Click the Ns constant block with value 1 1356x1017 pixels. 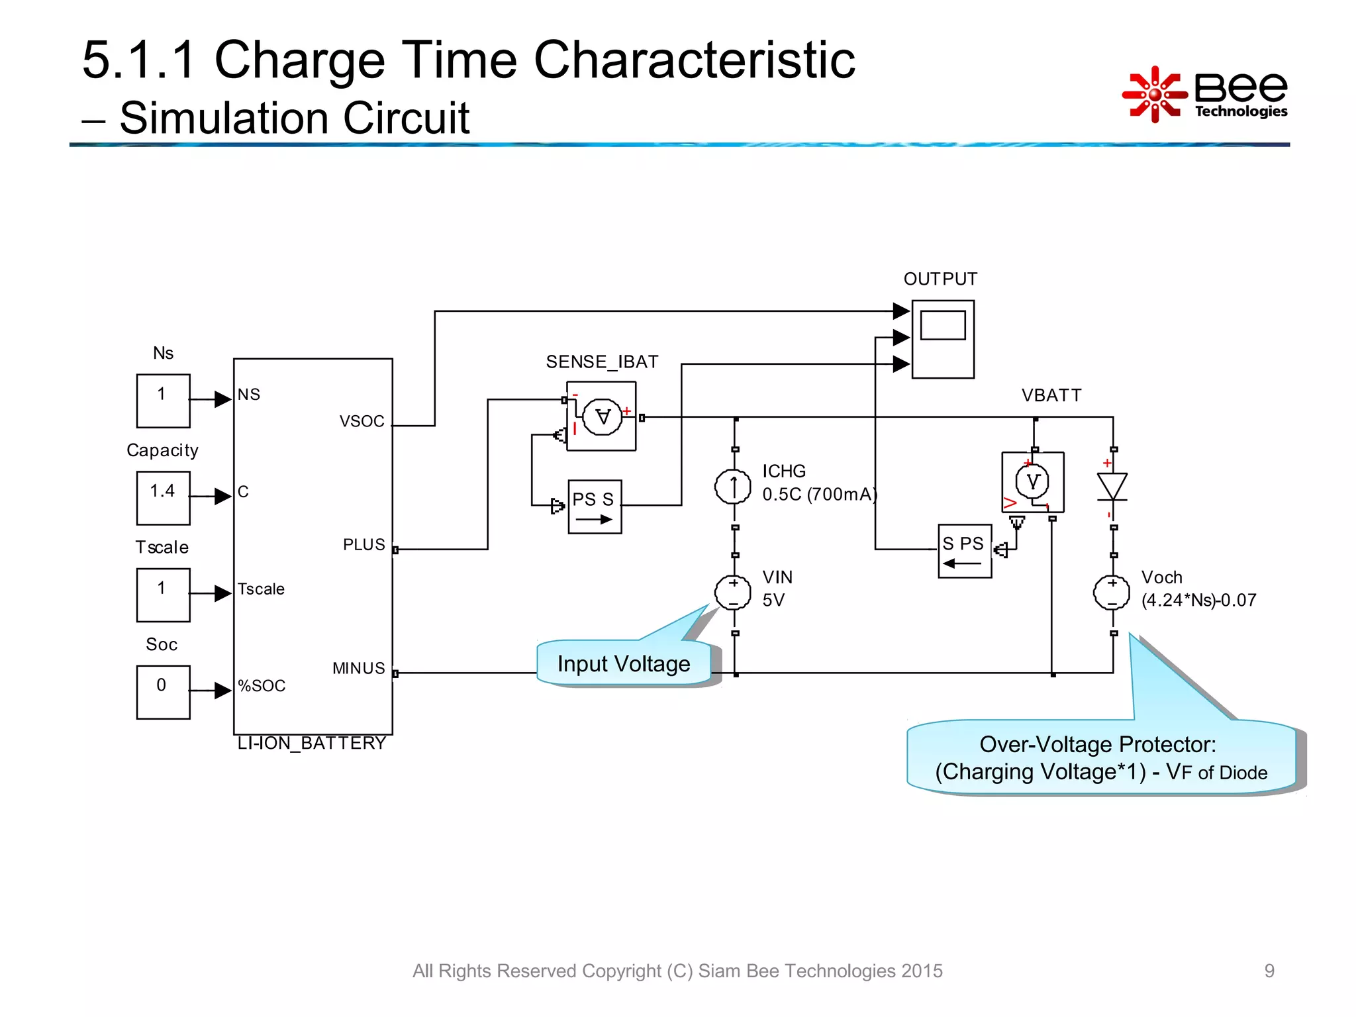point(163,401)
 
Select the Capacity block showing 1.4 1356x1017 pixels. point(163,498)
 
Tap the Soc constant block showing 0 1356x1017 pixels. point(163,692)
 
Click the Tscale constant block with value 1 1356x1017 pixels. point(163,595)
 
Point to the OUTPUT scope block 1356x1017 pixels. point(943,339)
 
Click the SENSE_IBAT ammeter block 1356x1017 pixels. point(601,416)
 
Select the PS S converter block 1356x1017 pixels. point(595,507)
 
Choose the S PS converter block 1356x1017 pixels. point(965,551)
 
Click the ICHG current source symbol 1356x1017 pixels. point(733,487)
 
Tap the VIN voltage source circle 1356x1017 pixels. point(733,592)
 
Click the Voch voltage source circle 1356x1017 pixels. point(1112,592)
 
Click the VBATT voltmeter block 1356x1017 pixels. point(1033,482)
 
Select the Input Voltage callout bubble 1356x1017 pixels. point(624,663)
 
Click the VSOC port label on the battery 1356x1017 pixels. point(362,422)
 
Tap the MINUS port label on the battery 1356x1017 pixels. point(358,669)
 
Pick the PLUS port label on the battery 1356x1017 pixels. point(363,545)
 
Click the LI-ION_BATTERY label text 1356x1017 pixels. point(311,744)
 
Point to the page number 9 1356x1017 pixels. point(1269,971)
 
